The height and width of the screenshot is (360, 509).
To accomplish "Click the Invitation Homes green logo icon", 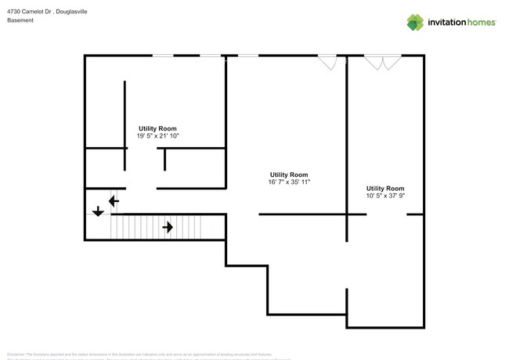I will click(x=415, y=22).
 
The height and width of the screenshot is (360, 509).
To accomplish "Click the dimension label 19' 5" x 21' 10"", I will click(x=157, y=135).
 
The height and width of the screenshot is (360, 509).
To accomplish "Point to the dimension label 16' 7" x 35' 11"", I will click(x=289, y=182).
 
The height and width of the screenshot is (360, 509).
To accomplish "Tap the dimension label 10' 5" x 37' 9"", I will click(x=385, y=196).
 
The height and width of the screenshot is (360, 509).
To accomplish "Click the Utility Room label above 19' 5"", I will click(x=157, y=128).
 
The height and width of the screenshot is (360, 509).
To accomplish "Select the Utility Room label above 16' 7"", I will click(x=289, y=175).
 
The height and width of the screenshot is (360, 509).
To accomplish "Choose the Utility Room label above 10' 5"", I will click(x=385, y=189).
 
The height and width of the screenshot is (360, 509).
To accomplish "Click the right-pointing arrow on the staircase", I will click(x=168, y=228).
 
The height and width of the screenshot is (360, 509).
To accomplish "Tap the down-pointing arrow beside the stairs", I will click(x=98, y=211).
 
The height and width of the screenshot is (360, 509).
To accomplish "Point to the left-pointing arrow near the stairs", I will click(x=114, y=201).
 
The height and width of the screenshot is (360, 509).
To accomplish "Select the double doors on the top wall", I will click(x=381, y=61).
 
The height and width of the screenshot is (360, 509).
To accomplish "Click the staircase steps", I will click(x=157, y=228).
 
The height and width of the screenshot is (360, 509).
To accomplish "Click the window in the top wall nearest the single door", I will click(x=248, y=55).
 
